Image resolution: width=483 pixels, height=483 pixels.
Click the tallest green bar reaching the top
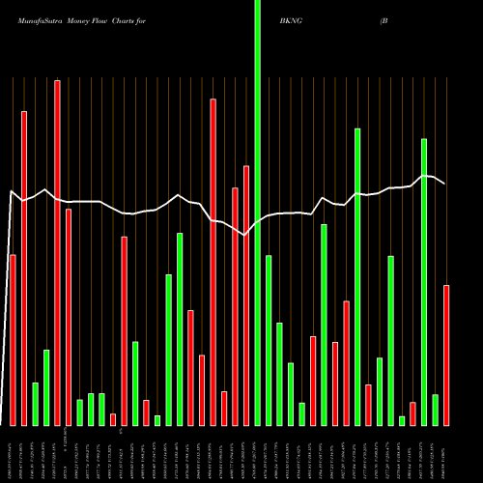257,213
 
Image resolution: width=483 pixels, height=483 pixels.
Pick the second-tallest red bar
213,262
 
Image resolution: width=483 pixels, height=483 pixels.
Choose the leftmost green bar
35,404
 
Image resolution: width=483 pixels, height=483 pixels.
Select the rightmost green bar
435,410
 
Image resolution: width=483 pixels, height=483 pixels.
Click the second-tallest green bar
357,276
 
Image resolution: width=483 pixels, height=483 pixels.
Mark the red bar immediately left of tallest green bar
246,296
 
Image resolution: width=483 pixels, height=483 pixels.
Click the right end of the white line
444,184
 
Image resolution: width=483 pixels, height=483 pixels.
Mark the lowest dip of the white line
245,235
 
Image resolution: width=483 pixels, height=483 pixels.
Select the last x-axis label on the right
446,454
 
